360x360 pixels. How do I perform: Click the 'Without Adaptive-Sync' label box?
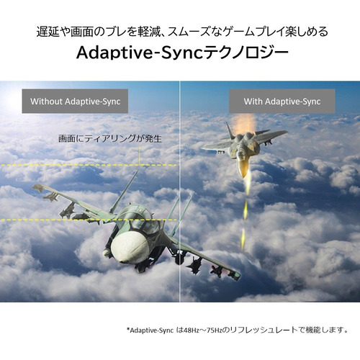pos(75,101)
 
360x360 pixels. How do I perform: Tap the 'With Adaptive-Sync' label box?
pos(282,101)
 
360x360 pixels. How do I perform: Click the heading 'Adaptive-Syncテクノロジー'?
pos(182,53)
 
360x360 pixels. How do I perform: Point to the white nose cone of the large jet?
pos(129,247)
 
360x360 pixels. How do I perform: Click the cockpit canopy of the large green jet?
pos(142,220)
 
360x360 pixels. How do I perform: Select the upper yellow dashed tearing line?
pos(89,165)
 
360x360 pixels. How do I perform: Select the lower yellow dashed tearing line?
pos(89,220)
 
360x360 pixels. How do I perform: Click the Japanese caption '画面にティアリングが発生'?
pos(110,138)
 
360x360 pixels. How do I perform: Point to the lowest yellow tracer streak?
pos(243,239)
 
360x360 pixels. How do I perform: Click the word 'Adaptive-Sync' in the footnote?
pos(151,330)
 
